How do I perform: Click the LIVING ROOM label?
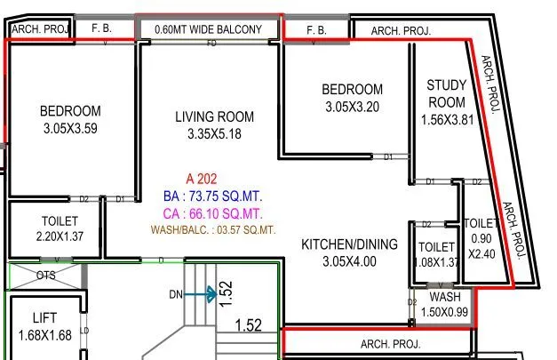(x=214, y=116)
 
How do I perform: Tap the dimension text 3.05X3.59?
(x=70, y=128)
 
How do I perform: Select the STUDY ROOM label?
(x=446, y=93)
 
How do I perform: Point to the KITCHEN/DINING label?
(x=349, y=244)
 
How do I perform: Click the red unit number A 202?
(x=202, y=179)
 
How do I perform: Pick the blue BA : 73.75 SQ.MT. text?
(x=212, y=196)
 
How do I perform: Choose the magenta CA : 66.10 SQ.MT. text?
(x=212, y=213)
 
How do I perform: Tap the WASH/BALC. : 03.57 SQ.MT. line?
(x=212, y=229)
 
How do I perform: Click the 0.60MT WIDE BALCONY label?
(x=208, y=29)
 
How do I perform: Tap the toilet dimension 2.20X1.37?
(x=60, y=236)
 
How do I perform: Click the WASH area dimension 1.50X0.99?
(x=444, y=312)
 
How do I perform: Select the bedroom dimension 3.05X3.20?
(x=352, y=106)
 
